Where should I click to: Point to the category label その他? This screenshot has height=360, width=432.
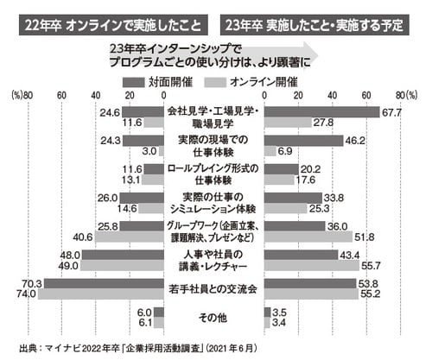coord(215,319)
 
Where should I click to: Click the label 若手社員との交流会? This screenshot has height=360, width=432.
coord(215,288)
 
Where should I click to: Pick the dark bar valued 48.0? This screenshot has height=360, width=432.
coord(124,255)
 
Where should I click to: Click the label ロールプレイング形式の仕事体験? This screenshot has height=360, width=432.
coord(215,174)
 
